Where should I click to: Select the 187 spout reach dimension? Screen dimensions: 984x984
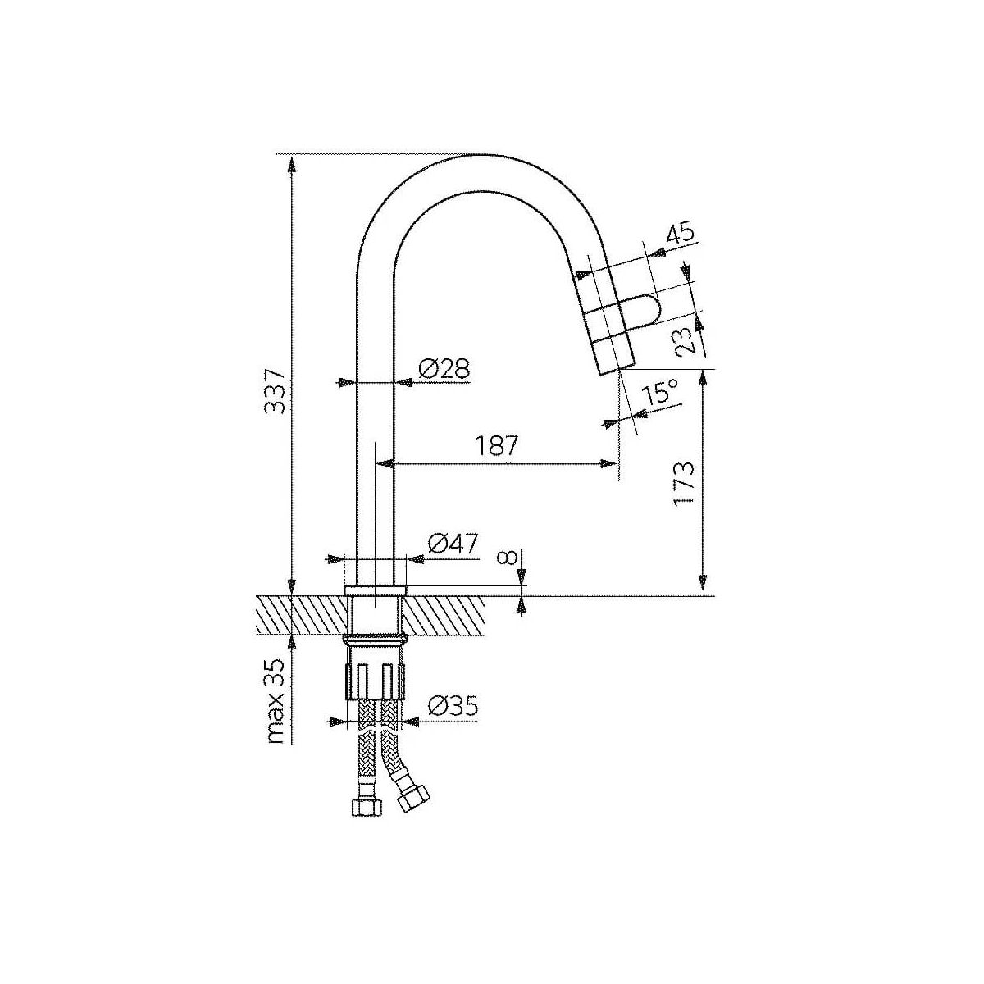pyautogui.click(x=497, y=446)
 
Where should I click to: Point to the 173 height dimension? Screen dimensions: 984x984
pyautogui.click(x=684, y=483)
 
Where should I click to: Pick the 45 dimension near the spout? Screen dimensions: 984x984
pyautogui.click(x=680, y=234)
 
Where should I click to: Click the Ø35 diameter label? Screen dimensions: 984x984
pyautogui.click(x=453, y=707)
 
